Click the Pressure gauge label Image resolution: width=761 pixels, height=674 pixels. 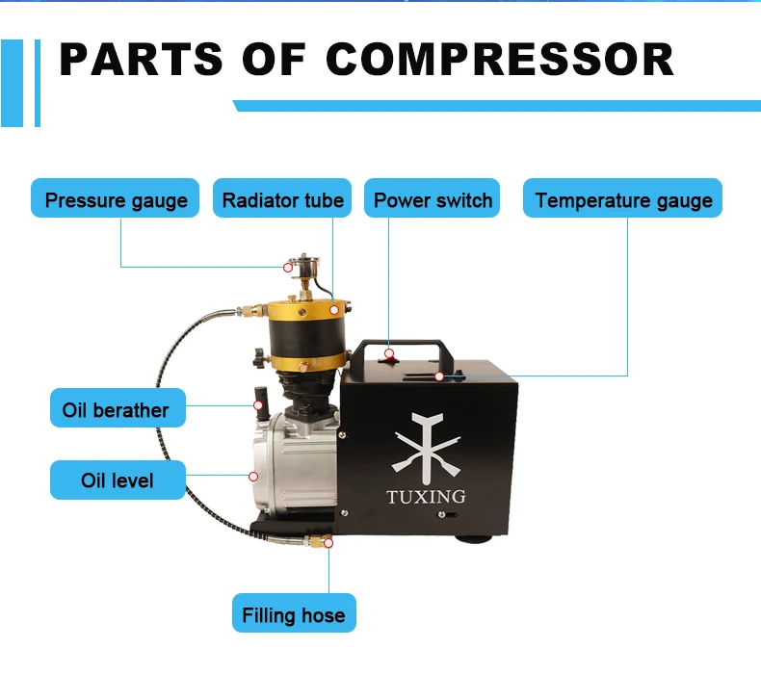tap(116, 200)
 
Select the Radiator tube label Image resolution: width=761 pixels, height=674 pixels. tap(282, 200)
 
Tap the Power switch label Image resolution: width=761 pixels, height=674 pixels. tap(433, 200)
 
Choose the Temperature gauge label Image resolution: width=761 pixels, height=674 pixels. tap(623, 200)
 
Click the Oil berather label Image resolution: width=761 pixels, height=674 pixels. tap(116, 410)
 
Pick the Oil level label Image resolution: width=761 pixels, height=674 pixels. tap(117, 479)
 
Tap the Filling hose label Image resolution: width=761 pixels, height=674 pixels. tap(293, 614)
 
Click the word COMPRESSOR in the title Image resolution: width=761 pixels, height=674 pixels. tap(499, 60)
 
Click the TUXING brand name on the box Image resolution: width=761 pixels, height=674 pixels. tap(425, 497)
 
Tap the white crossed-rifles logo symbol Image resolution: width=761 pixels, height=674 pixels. tap(425, 448)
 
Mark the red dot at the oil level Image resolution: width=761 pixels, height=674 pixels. tap(253, 476)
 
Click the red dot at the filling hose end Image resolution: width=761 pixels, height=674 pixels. tap(328, 544)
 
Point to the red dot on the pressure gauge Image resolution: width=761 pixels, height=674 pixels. tap(287, 267)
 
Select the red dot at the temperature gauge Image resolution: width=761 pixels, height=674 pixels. tap(438, 376)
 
